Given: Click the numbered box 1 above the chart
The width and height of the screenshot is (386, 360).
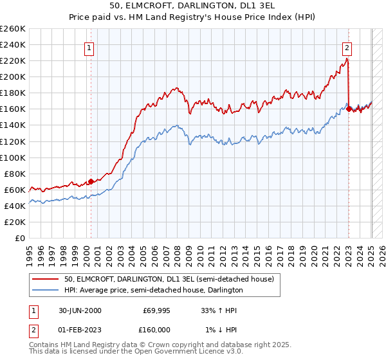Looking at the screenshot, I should (88, 47).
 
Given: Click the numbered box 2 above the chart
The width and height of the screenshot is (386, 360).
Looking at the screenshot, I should (347, 47).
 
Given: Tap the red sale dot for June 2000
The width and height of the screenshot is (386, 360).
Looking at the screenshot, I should (91, 181).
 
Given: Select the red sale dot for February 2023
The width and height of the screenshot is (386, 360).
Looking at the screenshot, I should (349, 109).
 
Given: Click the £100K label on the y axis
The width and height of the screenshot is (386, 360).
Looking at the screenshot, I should (13, 157).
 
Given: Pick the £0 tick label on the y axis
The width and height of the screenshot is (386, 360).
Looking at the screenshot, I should (20, 238).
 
